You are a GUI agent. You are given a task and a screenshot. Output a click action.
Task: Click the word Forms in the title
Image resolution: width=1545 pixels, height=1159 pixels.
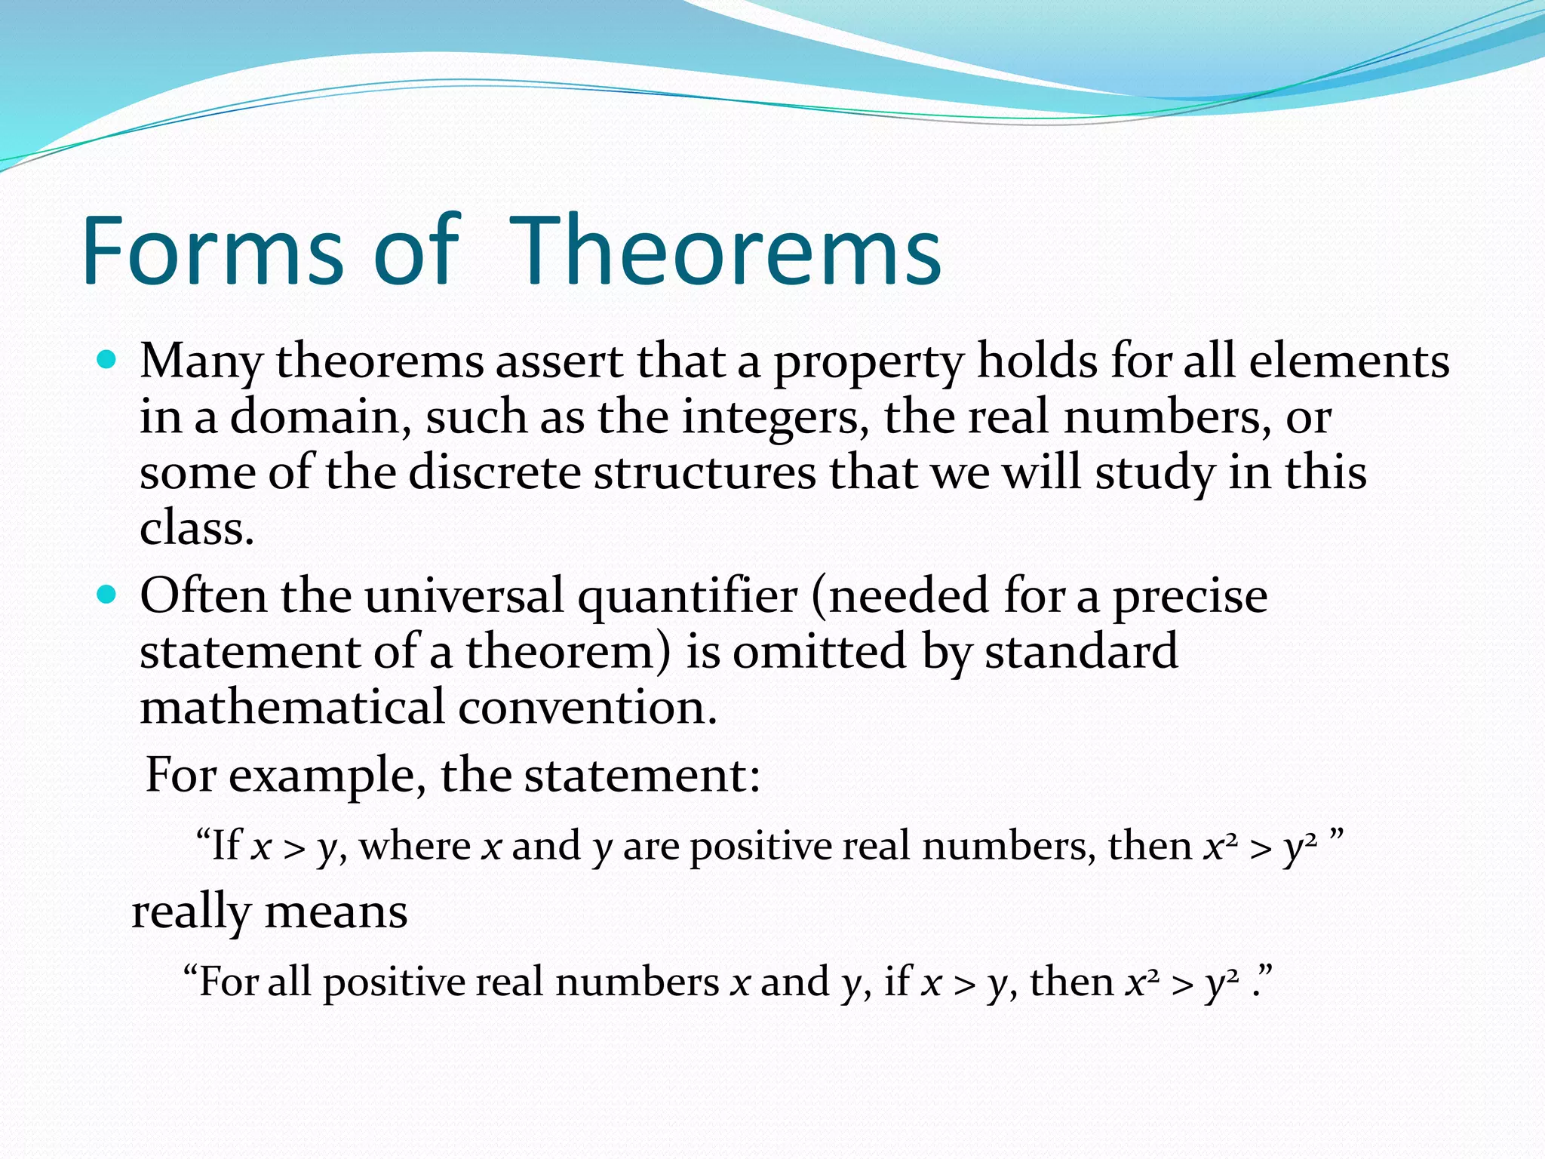coord(213,251)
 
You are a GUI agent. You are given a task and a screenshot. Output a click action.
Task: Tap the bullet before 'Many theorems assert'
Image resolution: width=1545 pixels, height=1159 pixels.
coord(108,361)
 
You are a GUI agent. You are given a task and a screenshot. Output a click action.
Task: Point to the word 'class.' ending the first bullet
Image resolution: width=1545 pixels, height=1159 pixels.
coord(197,528)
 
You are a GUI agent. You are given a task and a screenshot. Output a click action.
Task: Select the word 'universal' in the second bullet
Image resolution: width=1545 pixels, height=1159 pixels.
coord(464,595)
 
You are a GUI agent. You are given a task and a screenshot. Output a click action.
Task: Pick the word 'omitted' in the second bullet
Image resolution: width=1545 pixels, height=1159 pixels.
coord(819,652)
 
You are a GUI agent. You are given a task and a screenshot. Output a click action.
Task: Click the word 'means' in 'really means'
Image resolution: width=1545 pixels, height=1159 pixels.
coord(336,912)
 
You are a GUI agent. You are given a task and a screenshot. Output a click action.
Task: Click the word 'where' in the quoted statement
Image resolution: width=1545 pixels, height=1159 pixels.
coord(414,845)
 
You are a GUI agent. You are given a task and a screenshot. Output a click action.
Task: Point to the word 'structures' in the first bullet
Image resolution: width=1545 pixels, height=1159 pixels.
coord(705,473)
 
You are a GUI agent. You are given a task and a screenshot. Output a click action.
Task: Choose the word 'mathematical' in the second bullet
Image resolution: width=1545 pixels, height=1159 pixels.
coord(292,708)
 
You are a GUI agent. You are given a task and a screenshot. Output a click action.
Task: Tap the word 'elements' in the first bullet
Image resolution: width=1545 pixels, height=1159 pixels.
coord(1348,361)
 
